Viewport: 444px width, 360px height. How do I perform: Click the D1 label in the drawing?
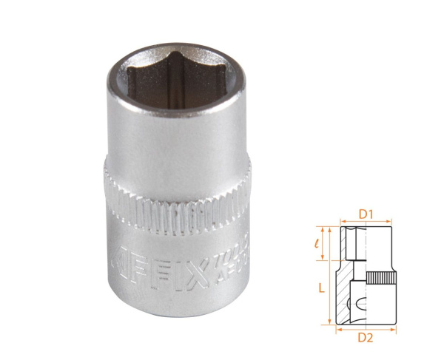(x=366, y=214)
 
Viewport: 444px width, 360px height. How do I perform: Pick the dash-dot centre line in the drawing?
(x=366, y=274)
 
